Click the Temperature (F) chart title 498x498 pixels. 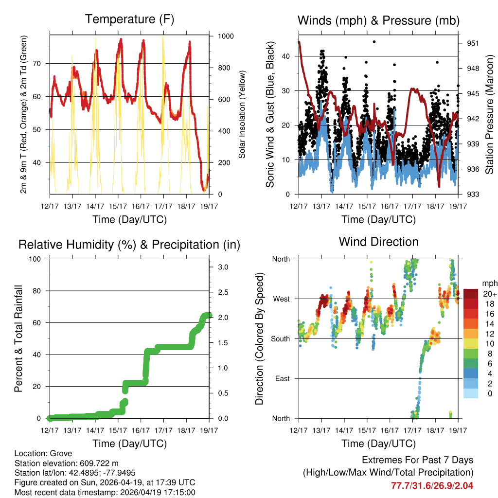tap(129, 19)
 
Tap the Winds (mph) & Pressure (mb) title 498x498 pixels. tap(378, 20)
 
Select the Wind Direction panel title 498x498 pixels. tap(378, 242)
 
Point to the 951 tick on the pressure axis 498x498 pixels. tap(473, 43)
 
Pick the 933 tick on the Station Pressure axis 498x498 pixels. tap(473, 194)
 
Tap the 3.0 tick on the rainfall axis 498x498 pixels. tap(222, 267)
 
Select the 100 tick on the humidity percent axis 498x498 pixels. tap(38, 259)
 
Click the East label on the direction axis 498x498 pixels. tap(281, 378)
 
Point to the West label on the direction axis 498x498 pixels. tap(281, 299)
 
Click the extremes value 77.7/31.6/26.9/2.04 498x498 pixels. tap(432, 485)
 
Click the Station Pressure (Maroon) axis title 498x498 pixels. tap(490, 115)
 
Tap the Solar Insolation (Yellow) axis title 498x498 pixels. tap(242, 114)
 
